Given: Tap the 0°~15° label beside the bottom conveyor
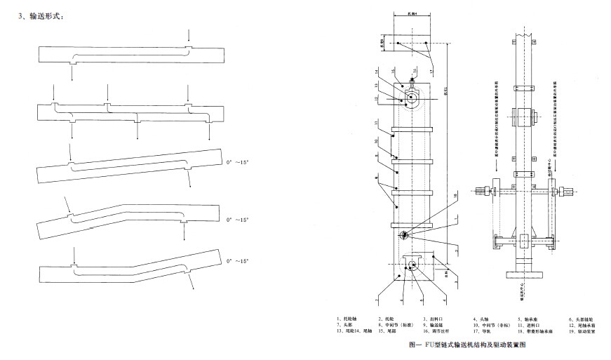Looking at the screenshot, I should tap(239, 260).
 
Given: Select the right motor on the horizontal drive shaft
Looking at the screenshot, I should tap(568, 191).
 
